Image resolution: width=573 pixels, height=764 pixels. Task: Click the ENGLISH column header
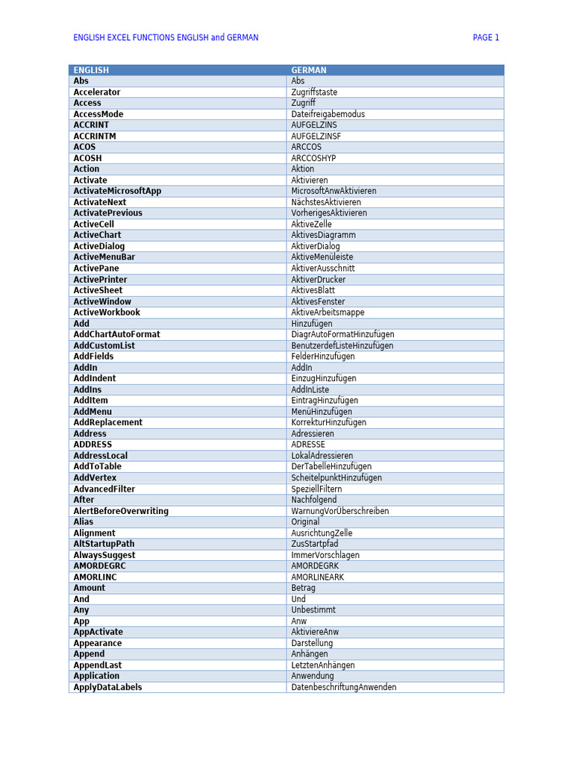tap(91, 70)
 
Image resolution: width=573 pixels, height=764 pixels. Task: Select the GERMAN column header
tap(309, 70)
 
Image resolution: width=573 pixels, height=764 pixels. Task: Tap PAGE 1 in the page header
tap(486, 37)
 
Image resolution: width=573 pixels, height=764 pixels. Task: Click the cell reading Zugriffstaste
tap(314, 93)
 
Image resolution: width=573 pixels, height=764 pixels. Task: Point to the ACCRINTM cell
tap(95, 137)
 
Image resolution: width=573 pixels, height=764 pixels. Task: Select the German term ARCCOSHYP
tap(313, 158)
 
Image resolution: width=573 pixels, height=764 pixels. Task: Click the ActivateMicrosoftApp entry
tap(117, 191)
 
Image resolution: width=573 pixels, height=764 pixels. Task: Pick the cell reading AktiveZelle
tap(311, 224)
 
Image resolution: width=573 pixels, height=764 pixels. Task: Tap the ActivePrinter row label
tap(100, 279)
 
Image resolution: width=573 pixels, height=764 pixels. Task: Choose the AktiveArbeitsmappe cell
tap(328, 313)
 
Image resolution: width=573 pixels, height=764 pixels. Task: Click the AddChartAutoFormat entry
tap(116, 334)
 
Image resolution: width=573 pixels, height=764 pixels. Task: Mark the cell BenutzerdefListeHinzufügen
tap(342, 345)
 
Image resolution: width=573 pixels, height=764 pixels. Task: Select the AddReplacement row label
tap(107, 422)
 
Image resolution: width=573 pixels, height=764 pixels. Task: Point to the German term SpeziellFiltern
tap(316, 489)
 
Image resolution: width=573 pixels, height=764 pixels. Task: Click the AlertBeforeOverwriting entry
tap(121, 511)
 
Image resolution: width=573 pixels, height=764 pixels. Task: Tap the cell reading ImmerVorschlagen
tap(325, 555)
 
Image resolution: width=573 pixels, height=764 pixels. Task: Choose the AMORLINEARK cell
tap(318, 577)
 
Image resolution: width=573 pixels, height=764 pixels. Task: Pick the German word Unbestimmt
tap(313, 610)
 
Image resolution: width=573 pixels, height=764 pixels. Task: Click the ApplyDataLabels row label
tap(107, 687)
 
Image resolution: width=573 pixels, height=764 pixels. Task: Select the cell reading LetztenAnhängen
tap(323, 665)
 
